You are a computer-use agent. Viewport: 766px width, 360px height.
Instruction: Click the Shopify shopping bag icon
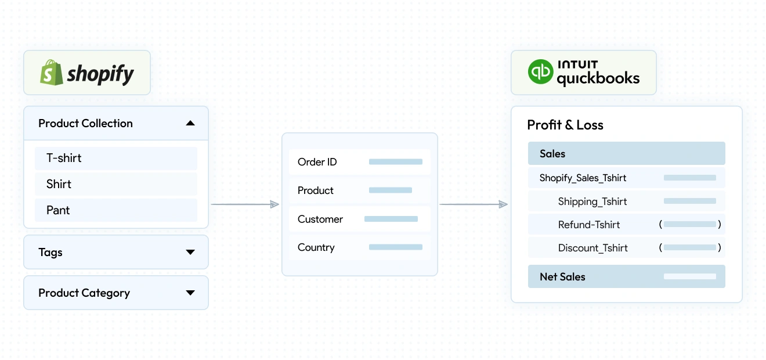51,73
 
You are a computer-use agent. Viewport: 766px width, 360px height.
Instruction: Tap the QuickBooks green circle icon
540,73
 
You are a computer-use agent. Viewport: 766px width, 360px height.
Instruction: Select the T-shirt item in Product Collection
64,158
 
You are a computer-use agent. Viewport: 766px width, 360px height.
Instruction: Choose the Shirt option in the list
59,184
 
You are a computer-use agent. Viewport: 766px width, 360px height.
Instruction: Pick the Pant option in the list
58,210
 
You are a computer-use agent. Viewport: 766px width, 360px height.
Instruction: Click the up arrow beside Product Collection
190,123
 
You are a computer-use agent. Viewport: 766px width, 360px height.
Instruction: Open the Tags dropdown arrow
190,252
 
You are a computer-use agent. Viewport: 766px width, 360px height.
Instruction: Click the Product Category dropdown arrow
190,293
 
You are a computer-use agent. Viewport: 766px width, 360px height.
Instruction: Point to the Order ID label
317,162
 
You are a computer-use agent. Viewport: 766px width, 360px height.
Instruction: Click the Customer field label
320,219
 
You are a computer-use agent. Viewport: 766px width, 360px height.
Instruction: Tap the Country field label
316,247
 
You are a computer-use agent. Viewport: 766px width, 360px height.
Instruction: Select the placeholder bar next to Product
390,190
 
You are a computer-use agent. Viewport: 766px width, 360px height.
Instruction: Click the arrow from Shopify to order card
245,204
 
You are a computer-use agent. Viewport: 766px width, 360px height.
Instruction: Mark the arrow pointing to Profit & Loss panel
474,204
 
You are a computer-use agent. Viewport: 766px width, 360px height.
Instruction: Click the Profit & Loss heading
565,125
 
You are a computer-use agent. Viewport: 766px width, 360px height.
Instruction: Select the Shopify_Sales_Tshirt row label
583,178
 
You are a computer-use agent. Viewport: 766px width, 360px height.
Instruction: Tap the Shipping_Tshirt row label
592,201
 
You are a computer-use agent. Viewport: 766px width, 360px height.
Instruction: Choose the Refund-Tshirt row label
588,225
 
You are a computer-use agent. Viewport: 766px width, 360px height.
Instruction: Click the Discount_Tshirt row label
592,248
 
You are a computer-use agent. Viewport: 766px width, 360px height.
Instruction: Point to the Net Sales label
562,277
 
